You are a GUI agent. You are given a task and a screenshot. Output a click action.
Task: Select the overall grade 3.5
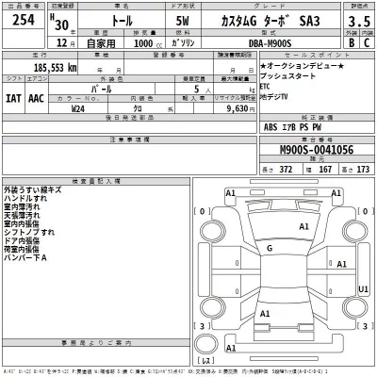358,23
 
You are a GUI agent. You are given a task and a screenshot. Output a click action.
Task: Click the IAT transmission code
12,98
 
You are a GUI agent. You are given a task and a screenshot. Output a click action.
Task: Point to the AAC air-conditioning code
36,98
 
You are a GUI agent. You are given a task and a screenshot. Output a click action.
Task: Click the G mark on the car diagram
270,248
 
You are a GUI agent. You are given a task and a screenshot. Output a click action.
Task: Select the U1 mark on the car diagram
364,290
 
